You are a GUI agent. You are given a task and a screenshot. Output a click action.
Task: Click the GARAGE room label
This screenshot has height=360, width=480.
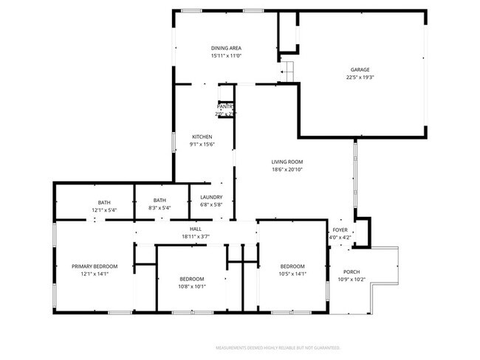click(360, 69)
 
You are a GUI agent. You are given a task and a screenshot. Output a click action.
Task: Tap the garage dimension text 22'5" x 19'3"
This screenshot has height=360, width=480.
click(360, 77)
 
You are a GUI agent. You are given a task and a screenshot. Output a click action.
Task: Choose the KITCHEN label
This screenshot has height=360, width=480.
click(202, 137)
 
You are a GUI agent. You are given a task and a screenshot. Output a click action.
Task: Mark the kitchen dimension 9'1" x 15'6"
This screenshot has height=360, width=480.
click(202, 145)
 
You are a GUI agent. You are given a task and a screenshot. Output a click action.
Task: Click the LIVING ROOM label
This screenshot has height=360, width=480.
click(287, 162)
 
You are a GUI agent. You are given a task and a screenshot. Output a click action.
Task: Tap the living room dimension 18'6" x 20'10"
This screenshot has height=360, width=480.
click(287, 170)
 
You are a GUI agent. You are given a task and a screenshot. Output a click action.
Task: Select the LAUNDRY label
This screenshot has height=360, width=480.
click(212, 197)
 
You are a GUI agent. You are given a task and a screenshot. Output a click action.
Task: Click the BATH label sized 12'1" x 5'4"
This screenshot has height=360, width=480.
click(103, 201)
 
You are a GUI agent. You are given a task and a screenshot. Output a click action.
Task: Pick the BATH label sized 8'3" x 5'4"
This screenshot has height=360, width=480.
click(160, 200)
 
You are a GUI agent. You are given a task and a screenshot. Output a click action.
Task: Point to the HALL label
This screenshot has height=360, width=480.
click(196, 229)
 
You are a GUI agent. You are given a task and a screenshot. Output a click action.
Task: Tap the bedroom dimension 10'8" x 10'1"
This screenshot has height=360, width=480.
click(193, 286)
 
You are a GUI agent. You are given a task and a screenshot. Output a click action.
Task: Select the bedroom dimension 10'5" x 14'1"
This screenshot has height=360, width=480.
click(292, 274)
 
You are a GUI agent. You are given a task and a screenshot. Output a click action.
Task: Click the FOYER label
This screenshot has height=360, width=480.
click(340, 229)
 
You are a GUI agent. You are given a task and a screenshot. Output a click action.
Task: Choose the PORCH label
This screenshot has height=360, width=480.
click(352, 271)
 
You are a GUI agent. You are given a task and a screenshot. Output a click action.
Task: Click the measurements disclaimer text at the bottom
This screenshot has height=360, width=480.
click(277, 346)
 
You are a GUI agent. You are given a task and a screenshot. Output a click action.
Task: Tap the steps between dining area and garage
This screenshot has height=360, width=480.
click(287, 72)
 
